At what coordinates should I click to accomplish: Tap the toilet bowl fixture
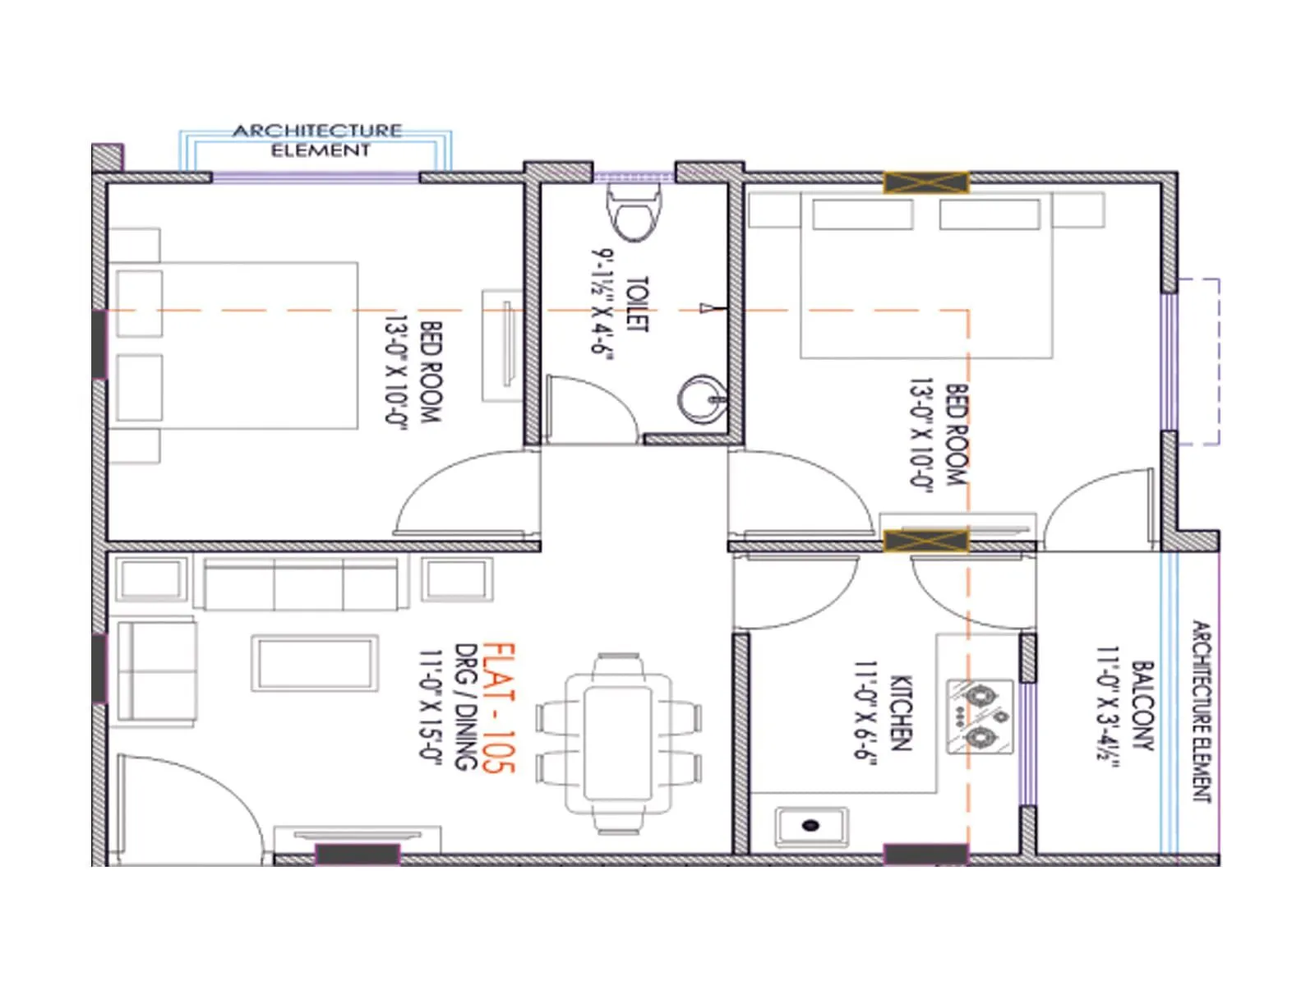click(x=633, y=212)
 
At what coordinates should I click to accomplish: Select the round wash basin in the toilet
click(x=701, y=399)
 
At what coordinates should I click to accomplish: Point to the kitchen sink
click(x=811, y=826)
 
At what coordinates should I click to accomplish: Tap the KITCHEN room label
click(x=902, y=713)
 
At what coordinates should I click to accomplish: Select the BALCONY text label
click(x=1142, y=706)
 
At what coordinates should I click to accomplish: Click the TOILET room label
click(x=637, y=304)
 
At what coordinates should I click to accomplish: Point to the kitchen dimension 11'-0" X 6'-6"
click(x=865, y=712)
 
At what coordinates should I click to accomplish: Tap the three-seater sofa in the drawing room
click(x=301, y=584)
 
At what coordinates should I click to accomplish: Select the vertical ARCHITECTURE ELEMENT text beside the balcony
click(x=1202, y=711)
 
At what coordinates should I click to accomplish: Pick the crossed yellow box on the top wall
click(x=926, y=182)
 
